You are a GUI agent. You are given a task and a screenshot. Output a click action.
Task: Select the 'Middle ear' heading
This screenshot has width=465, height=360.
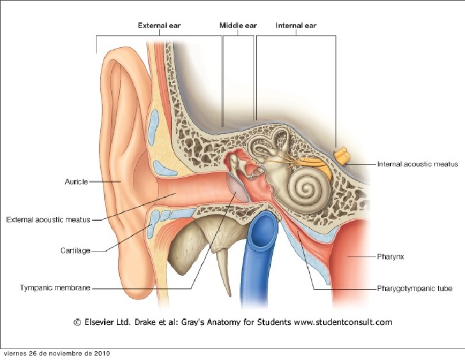coord(237,26)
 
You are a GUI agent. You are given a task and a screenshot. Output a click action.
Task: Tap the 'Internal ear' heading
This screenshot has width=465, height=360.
coord(296,26)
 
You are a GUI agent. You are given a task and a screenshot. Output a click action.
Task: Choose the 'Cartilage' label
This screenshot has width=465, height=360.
coord(75,251)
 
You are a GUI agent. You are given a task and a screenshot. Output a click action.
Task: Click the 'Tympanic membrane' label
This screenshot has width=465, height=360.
coord(55,289)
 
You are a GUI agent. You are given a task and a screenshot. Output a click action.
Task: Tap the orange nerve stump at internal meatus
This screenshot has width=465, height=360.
coord(342,155)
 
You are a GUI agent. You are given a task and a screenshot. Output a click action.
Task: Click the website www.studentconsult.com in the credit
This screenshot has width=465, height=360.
coord(343,322)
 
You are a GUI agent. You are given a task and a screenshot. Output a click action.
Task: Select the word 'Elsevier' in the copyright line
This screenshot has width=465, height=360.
coord(100,322)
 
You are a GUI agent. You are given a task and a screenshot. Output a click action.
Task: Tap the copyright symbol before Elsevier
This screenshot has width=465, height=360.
coord(77,322)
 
